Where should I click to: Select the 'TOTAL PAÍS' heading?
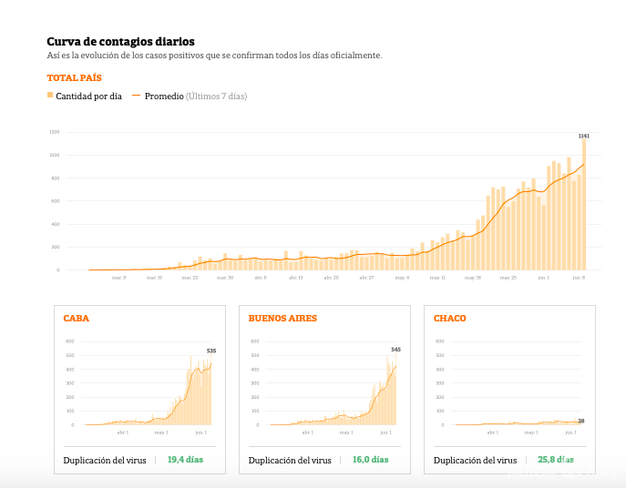pyautogui.click(x=74, y=78)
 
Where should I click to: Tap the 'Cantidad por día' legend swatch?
pyautogui.click(x=50, y=96)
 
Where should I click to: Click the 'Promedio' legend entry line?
pyautogui.click(x=139, y=96)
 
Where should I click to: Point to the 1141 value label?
pyautogui.click(x=584, y=136)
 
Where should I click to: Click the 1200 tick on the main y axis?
pyautogui.click(x=55, y=132)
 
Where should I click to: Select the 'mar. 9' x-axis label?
pyautogui.click(x=119, y=277)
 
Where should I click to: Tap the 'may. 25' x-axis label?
pyautogui.click(x=508, y=277)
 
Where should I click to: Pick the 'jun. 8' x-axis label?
pyautogui.click(x=579, y=277)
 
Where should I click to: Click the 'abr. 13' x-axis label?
pyautogui.click(x=295, y=277)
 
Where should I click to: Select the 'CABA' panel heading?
pyautogui.click(x=76, y=319)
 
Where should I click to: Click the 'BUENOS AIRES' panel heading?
pyautogui.click(x=282, y=319)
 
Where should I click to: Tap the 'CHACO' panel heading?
pyautogui.click(x=449, y=319)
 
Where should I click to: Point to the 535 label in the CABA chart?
pyautogui.click(x=211, y=351)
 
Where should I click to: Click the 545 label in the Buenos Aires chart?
pyautogui.click(x=396, y=350)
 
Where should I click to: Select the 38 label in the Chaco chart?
pyautogui.click(x=580, y=421)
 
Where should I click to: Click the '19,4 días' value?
pyautogui.click(x=185, y=460)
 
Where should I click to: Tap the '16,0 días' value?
pyautogui.click(x=370, y=460)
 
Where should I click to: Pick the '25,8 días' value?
pyautogui.click(x=555, y=460)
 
